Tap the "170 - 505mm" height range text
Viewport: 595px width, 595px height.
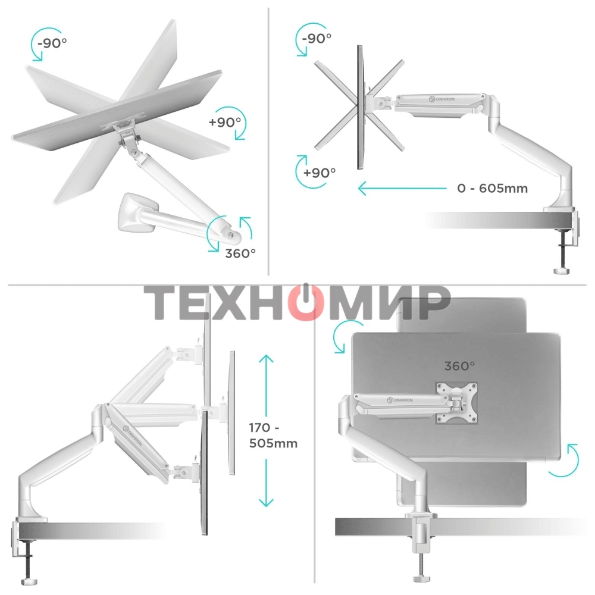click(274, 435)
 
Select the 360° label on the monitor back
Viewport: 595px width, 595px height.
click(459, 367)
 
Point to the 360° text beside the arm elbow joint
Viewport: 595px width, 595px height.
click(240, 252)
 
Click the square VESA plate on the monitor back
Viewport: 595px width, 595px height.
click(457, 403)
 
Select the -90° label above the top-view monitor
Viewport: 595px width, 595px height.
click(52, 43)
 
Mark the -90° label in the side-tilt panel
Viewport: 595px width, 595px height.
click(317, 38)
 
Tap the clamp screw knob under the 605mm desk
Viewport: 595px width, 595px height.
click(561, 271)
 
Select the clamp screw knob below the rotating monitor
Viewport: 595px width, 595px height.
click(421, 578)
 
